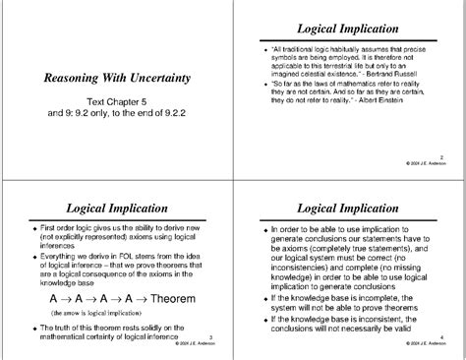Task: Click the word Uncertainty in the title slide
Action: click(159, 78)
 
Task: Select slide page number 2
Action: click(440, 155)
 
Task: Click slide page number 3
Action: click(211, 336)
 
